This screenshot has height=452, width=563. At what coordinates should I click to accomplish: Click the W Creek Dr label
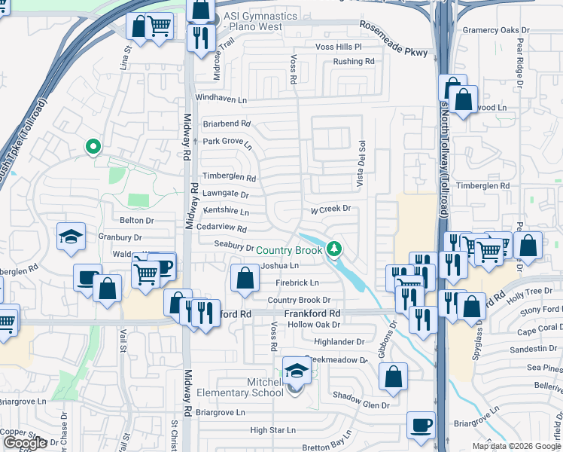332,209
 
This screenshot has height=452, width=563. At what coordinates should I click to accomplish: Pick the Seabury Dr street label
233,246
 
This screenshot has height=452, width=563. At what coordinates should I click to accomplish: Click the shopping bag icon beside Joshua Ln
245,278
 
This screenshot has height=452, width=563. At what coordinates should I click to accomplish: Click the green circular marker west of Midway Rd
93,147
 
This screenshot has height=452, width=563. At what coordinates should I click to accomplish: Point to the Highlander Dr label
339,341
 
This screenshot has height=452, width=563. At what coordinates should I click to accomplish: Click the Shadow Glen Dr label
361,405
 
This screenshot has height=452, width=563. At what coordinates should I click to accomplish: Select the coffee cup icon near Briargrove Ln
421,425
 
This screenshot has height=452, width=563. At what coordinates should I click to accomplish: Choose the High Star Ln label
273,430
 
